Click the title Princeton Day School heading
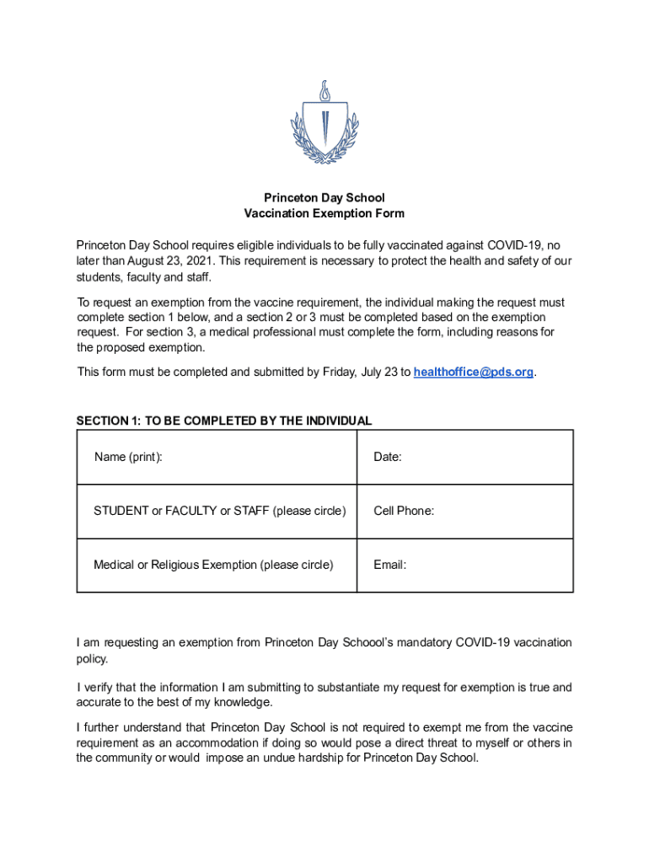[x=324, y=198]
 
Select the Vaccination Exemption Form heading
[x=324, y=214]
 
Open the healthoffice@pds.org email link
[x=474, y=372]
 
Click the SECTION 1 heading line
[x=224, y=421]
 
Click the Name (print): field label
[x=128, y=457]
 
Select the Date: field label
[x=388, y=457]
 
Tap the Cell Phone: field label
[x=404, y=511]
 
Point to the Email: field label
[x=389, y=565]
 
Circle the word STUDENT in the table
[x=120, y=511]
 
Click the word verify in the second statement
[x=102, y=688]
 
